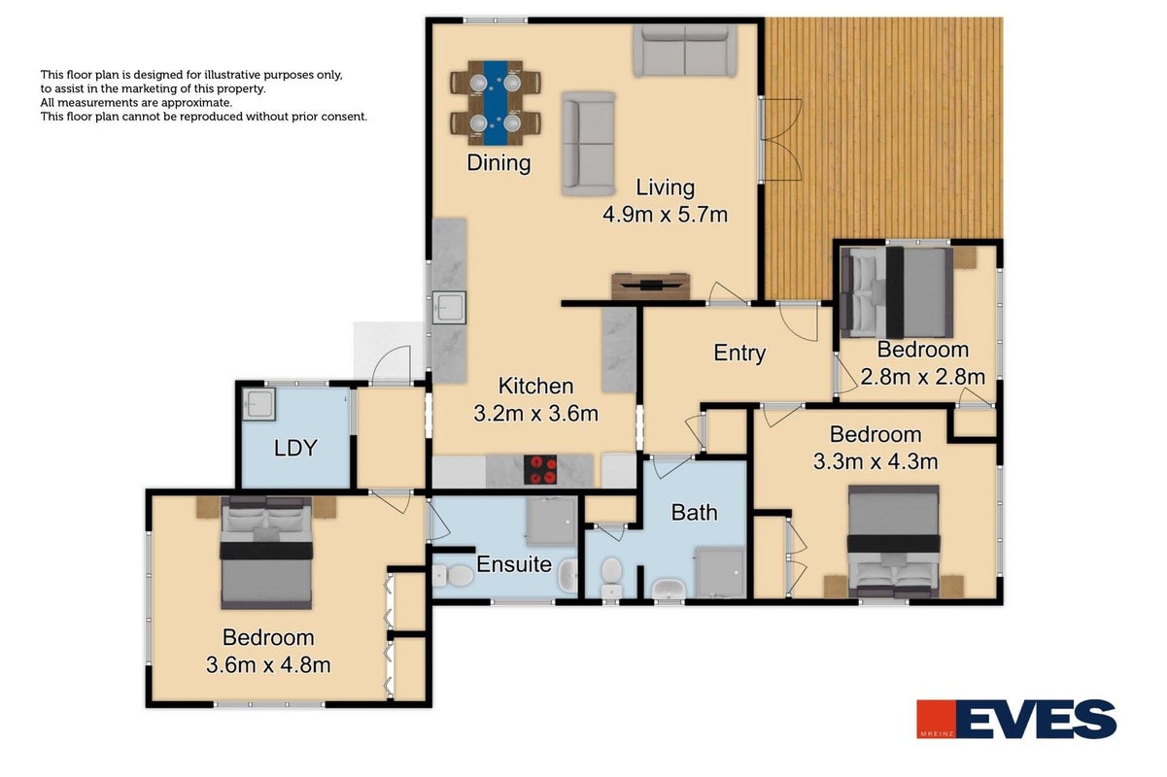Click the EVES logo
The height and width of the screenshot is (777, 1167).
(1016, 719)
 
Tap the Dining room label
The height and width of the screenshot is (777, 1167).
(498, 163)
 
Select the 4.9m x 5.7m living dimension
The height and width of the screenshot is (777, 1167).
(665, 215)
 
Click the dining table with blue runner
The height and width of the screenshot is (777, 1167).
(496, 103)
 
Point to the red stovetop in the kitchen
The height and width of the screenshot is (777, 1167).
(540, 469)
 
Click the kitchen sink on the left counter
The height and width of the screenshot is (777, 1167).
(449, 308)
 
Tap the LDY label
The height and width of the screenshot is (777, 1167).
(295, 448)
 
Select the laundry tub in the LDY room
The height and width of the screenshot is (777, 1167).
(258, 404)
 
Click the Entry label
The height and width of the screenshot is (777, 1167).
(739, 354)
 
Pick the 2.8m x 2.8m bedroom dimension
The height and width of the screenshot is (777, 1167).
(923, 377)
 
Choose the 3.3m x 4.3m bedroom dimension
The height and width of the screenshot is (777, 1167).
(875, 461)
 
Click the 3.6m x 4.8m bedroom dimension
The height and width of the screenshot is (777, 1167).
(268, 665)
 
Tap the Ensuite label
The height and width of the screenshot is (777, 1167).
(514, 564)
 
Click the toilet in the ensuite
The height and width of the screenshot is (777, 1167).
(453, 576)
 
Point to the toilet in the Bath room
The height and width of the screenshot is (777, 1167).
(611, 578)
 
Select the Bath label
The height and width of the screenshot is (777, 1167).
(694, 513)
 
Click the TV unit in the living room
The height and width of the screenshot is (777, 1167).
(651, 286)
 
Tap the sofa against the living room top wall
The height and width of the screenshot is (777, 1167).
(685, 51)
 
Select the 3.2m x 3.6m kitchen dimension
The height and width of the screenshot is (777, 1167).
(535, 414)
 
